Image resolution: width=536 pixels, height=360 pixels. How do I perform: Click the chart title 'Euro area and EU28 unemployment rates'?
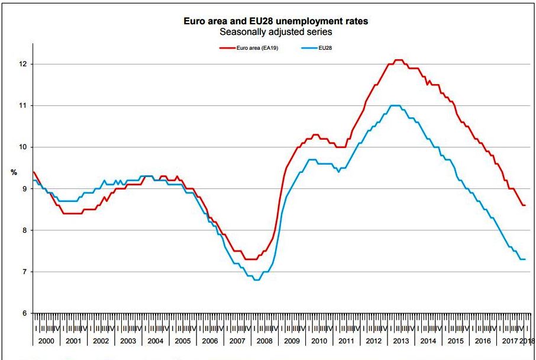[x=276, y=21]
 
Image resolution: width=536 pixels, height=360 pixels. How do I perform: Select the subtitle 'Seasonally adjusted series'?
[x=276, y=31]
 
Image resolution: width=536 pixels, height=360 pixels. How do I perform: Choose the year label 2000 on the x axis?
[x=46, y=341]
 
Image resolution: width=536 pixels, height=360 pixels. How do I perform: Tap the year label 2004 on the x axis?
[x=156, y=341]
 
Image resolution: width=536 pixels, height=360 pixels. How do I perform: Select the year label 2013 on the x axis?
[x=401, y=341]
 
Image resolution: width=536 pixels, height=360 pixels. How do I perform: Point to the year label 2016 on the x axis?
[x=483, y=341]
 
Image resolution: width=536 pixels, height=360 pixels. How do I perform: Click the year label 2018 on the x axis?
[x=528, y=341]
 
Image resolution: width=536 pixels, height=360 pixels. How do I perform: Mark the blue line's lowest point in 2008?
[x=256, y=279]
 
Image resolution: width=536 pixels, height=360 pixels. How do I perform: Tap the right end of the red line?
[x=525, y=205]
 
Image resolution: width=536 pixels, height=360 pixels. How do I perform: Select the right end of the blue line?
[x=525, y=259]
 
